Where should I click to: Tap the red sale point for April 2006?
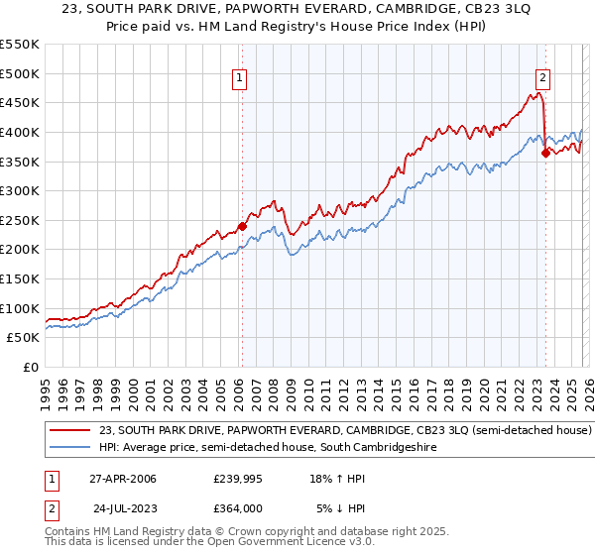[242, 226]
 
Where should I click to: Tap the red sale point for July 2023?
[545, 153]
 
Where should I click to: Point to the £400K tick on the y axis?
[20, 132]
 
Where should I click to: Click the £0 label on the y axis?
[31, 367]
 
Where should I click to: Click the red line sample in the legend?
[69, 431]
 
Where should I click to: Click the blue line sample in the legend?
[69, 448]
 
